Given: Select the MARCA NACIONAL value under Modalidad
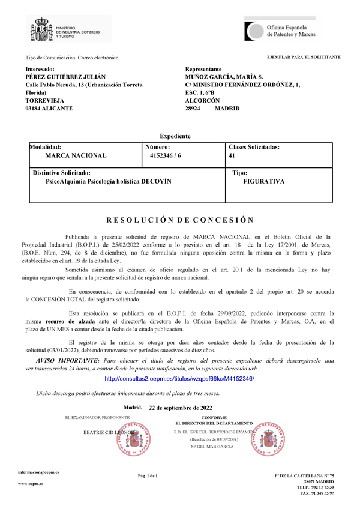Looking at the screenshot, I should pyautogui.click(x=76, y=155).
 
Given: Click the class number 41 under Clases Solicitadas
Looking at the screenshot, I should pyautogui.click(x=232, y=155).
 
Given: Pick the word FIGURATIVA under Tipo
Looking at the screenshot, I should pyautogui.click(x=260, y=181).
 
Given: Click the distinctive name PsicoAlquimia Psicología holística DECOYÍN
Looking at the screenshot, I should pyautogui.click(x=104, y=181).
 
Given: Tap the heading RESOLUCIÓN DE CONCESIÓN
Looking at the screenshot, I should pyautogui.click(x=180, y=220).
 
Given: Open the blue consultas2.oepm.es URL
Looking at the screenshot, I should pyautogui.click(x=179, y=379).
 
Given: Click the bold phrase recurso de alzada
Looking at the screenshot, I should pyautogui.click(x=67, y=322).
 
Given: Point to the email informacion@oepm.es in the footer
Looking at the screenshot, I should pyautogui.click(x=38, y=472).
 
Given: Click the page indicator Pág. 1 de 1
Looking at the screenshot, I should pyautogui.click(x=148, y=476).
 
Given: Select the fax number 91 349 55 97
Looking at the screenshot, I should pyautogui.click(x=323, y=493).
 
